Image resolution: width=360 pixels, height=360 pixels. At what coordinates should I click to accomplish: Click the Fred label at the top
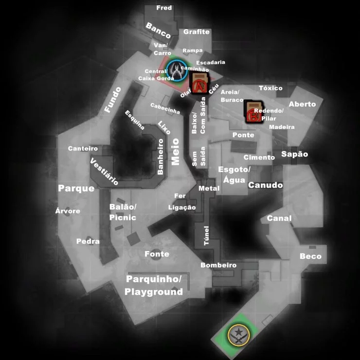(x=164, y=8)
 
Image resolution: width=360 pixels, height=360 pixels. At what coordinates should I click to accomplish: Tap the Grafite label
(x=197, y=32)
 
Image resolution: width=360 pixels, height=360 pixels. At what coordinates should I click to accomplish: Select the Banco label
(x=158, y=30)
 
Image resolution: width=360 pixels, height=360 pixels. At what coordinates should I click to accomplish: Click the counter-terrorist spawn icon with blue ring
(x=177, y=70)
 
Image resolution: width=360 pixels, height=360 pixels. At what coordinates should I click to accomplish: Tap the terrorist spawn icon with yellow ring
(x=239, y=335)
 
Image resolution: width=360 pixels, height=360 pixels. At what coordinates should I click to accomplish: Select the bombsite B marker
(x=253, y=112)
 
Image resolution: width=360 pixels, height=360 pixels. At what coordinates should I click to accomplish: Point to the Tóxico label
(x=270, y=88)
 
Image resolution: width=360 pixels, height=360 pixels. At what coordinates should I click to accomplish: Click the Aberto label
(x=302, y=104)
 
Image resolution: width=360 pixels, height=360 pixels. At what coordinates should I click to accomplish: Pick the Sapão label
(x=294, y=154)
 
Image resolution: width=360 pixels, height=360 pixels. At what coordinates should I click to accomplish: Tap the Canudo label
(x=266, y=185)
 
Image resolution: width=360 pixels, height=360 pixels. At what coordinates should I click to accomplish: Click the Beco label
(x=310, y=256)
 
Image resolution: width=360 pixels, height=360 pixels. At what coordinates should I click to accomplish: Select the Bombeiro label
(x=218, y=265)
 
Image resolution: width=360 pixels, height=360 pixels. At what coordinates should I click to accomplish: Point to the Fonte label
(x=157, y=254)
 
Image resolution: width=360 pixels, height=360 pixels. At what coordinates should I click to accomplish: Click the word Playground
(x=154, y=292)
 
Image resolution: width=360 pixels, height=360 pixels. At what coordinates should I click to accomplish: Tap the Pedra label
(x=88, y=241)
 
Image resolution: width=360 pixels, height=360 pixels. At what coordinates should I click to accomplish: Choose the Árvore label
(x=68, y=211)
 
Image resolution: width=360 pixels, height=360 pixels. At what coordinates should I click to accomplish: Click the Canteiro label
(x=83, y=148)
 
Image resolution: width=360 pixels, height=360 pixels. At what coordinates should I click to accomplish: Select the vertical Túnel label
(x=206, y=235)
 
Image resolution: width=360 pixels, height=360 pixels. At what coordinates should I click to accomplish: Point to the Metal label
(x=209, y=188)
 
